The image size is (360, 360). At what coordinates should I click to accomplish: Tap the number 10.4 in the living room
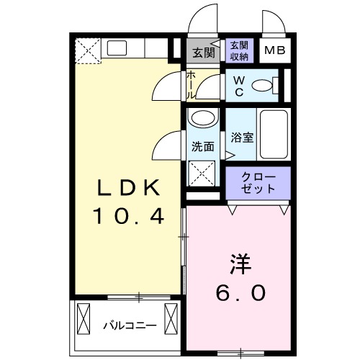pos(128,215)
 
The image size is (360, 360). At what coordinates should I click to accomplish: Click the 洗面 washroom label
pos(202,146)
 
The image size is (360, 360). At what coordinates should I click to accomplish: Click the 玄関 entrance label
pos(203,52)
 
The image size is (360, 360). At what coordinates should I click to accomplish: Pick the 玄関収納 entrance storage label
pos(240,50)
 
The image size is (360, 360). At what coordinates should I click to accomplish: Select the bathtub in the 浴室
pos(274,137)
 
